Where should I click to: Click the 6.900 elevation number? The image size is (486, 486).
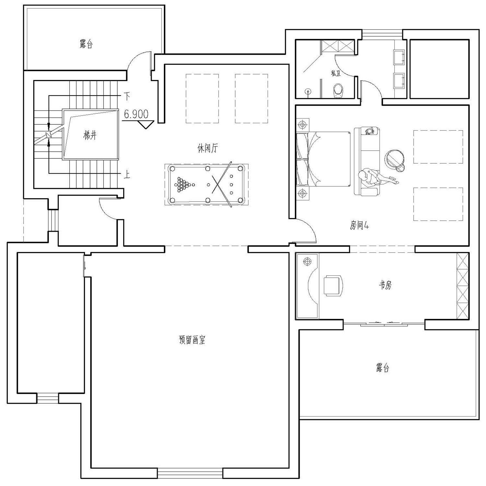point(136,114)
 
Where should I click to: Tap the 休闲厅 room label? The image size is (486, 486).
point(208,148)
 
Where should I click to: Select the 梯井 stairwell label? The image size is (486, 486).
point(90,135)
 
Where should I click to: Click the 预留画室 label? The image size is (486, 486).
point(192,340)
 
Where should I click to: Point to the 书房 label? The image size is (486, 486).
point(385,285)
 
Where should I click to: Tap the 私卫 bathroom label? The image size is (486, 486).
point(336,74)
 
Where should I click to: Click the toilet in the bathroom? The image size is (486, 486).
point(338,90)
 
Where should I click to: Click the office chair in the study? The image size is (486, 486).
point(333,285)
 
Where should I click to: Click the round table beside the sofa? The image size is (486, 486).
point(394,159)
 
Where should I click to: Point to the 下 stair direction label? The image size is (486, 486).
point(127,96)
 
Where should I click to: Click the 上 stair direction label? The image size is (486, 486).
point(127,175)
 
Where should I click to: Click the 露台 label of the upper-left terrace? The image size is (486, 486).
point(86,44)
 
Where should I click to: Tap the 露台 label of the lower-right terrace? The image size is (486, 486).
point(383,368)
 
